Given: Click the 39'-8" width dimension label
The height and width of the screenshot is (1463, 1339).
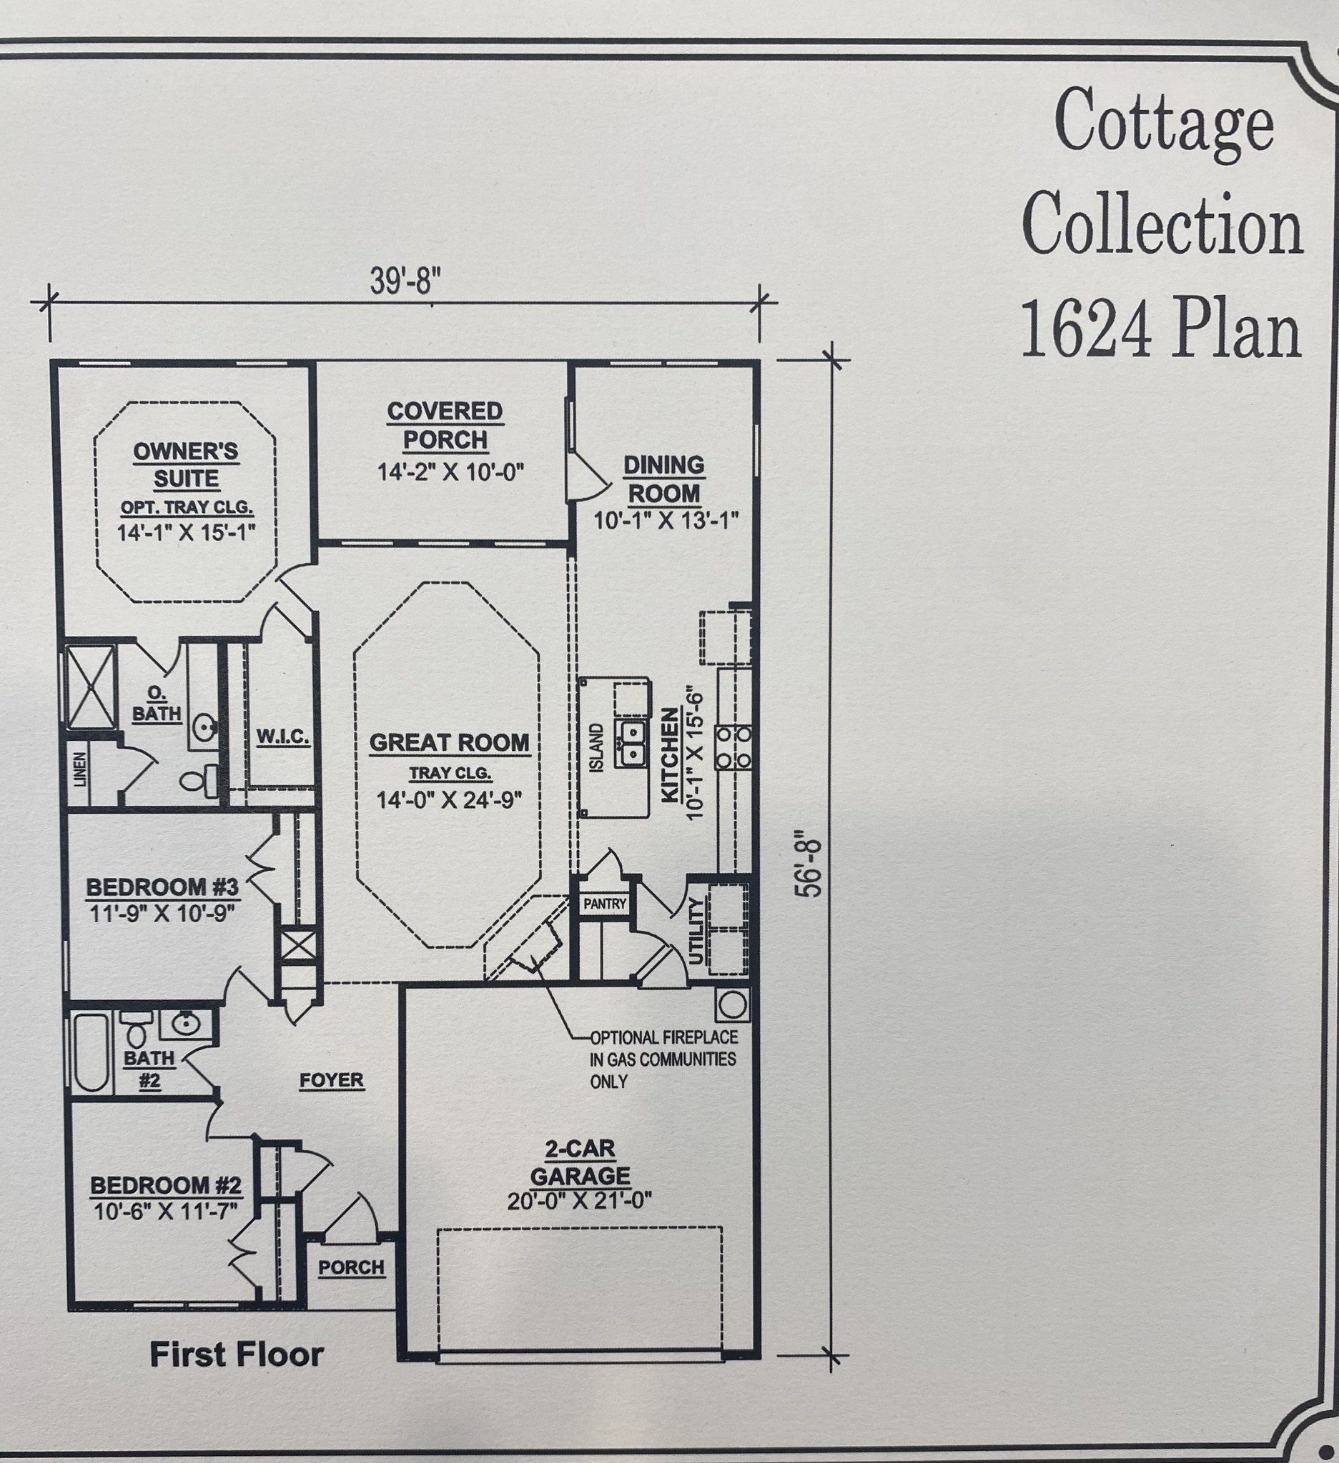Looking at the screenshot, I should tap(405, 280).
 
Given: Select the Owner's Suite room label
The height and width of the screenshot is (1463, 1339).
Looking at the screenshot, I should tap(186, 464).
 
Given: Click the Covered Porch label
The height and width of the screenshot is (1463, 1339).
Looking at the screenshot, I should tap(445, 425).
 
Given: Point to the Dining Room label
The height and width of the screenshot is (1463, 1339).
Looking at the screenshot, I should tap(663, 479).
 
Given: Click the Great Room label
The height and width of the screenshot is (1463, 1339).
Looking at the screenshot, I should tap(450, 742).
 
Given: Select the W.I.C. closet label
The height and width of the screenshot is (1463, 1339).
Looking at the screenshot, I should tap(282, 737).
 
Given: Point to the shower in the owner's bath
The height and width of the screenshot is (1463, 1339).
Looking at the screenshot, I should tap(90, 686).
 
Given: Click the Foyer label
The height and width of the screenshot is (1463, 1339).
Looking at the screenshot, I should tap(332, 1080).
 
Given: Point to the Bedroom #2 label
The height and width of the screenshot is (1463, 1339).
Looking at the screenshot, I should tap(166, 1186).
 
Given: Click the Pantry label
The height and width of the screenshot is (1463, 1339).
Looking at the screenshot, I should tap(605, 904).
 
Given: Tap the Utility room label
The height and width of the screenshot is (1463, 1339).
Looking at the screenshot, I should tap(696, 930).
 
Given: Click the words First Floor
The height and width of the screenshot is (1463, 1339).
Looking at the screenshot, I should tap(237, 1354).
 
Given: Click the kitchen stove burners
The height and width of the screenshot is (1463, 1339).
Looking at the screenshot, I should tap(734, 747).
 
